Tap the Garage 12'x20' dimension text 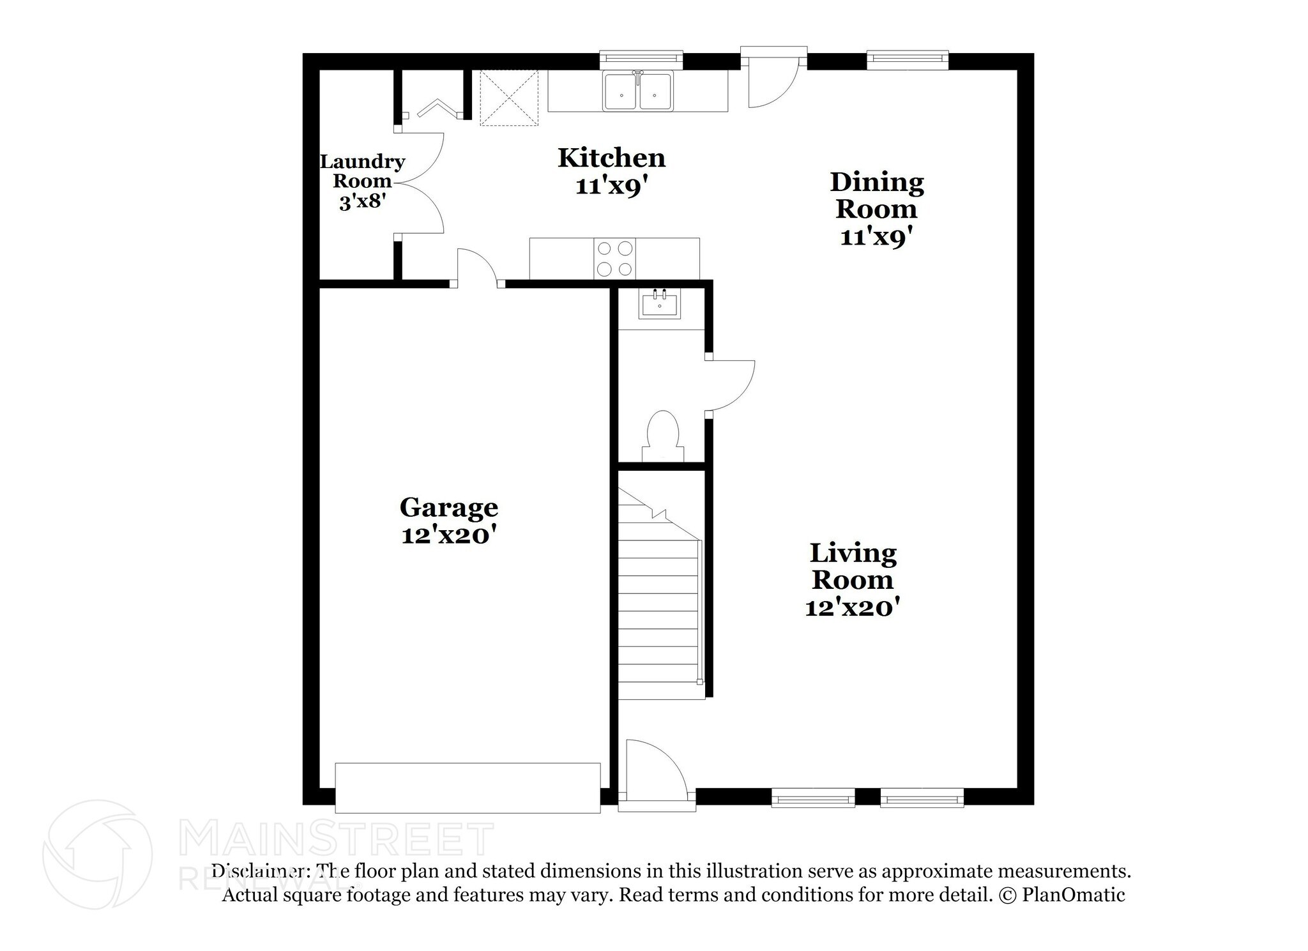pos(449,535)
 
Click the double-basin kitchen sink pos(638,91)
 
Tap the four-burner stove pos(615,259)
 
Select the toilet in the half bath pos(662,436)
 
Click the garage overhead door pos(468,787)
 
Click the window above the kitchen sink pos(641,59)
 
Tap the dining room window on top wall pos(907,60)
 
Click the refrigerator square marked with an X pos(509,98)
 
